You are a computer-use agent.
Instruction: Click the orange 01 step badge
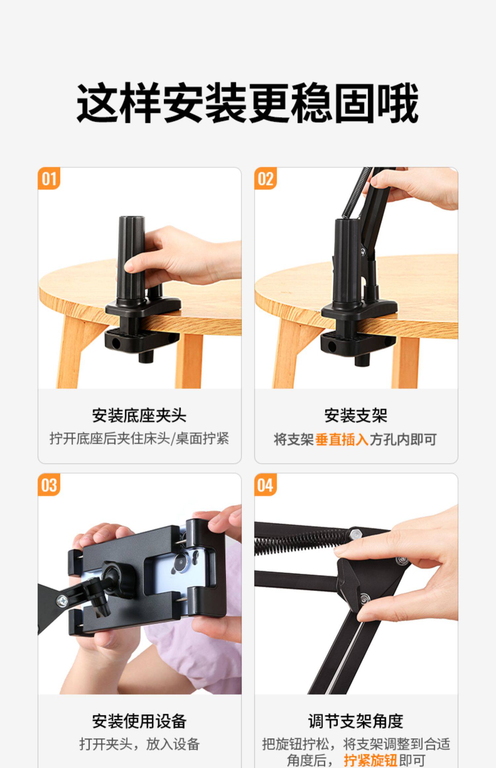(x=49, y=179)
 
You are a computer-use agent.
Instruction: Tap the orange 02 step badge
(x=266, y=179)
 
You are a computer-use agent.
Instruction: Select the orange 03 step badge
(x=49, y=485)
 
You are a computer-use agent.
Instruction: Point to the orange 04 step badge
(x=266, y=485)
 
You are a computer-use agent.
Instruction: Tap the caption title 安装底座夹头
(x=139, y=415)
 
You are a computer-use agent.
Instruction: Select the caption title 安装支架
(x=356, y=415)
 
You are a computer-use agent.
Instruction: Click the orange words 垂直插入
(x=342, y=440)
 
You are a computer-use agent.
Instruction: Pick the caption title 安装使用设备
(x=139, y=721)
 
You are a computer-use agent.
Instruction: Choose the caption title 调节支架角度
(x=356, y=721)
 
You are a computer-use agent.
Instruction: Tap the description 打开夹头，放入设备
(x=140, y=745)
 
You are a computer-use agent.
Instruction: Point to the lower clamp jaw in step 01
(x=142, y=341)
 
